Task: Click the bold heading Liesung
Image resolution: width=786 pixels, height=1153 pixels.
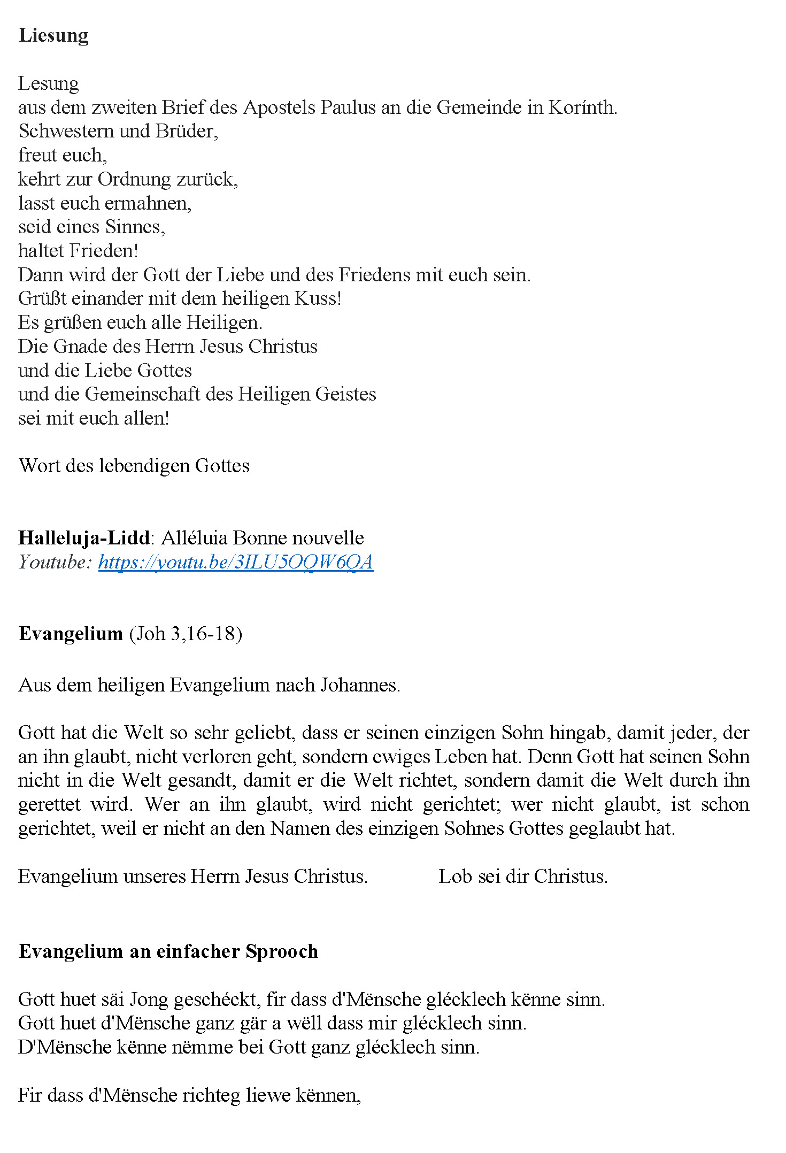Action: [x=53, y=35]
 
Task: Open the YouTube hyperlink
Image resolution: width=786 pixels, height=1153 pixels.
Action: [x=236, y=562]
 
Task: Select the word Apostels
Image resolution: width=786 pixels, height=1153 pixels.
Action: [x=279, y=107]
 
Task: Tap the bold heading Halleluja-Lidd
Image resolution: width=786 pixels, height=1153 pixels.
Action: [x=84, y=537]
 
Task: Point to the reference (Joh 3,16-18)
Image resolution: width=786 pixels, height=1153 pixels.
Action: [x=186, y=634]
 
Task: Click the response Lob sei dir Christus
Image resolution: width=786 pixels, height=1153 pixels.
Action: [x=523, y=877]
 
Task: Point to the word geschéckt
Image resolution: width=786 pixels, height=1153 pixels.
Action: [x=217, y=1000]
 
